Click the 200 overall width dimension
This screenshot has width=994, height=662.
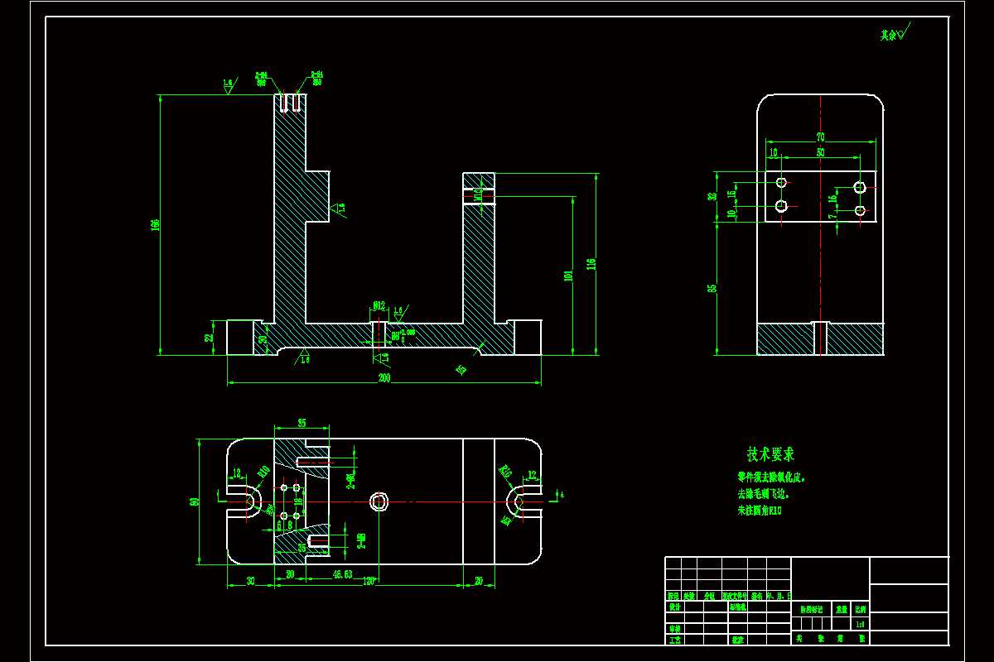pos(384,378)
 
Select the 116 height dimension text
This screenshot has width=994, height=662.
pos(591,264)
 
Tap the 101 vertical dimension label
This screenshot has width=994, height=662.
pos(568,276)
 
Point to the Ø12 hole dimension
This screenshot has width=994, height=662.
pos(379,306)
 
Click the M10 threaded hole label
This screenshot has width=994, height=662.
pos(478,195)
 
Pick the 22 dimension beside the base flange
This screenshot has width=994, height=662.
pos(210,337)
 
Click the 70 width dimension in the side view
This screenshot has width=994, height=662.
pos(820,137)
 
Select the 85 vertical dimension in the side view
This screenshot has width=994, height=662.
pos(712,288)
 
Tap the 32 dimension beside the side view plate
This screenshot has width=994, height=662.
pos(712,197)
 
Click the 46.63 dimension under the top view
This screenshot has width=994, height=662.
pos(343,573)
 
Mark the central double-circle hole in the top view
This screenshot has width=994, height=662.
pos(379,501)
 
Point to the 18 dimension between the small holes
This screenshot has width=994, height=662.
pos(298,501)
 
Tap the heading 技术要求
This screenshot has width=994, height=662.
pos(770,454)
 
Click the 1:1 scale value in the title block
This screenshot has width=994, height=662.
pos(860,625)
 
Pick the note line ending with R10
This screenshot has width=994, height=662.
pos(760,511)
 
